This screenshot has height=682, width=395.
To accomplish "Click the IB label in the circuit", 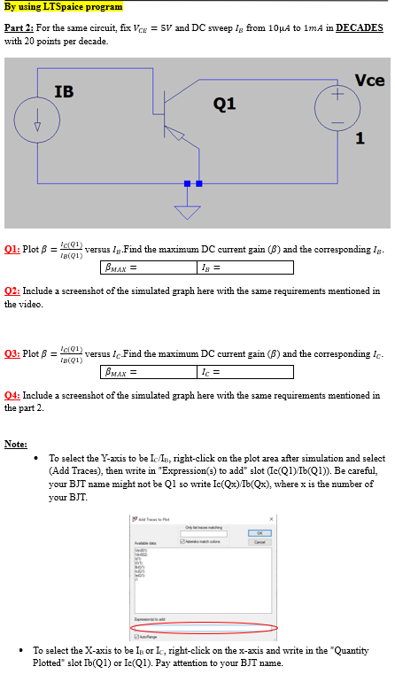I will [x=64, y=91].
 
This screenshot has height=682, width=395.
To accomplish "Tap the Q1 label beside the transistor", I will [x=224, y=104].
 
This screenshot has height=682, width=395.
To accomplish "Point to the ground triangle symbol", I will [x=187, y=212].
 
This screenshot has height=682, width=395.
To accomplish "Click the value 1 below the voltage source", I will [x=359, y=138].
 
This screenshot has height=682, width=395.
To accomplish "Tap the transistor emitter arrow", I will [x=176, y=134].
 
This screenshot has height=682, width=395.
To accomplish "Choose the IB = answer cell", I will [x=244, y=267].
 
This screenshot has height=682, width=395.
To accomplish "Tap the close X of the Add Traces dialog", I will [x=270, y=518].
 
